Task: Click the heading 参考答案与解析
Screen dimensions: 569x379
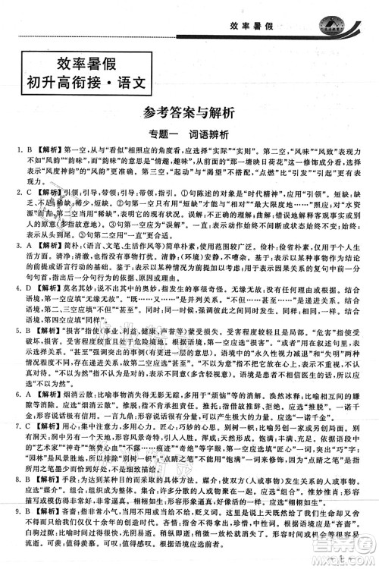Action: (x=189, y=113)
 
